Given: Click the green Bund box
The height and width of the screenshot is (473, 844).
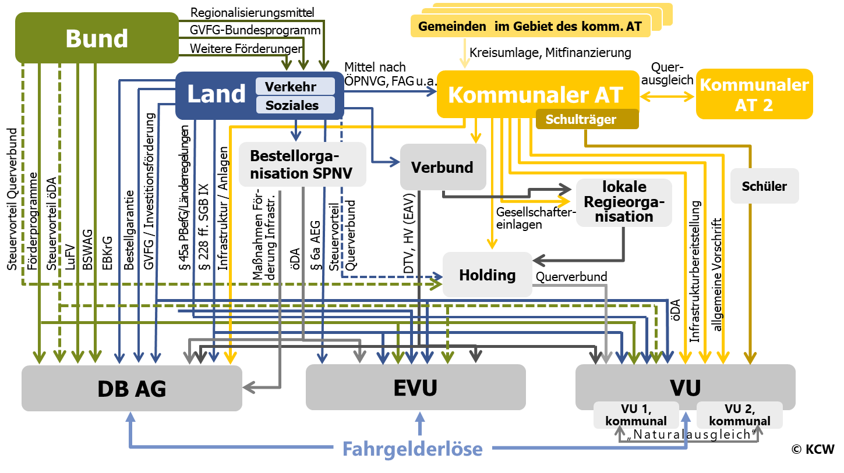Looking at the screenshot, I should [97, 38].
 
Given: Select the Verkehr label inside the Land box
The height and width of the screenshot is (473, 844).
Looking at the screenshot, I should [295, 87].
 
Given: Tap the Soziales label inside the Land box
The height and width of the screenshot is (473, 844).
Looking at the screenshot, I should [295, 105].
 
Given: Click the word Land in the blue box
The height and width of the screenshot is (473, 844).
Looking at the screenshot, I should [216, 94].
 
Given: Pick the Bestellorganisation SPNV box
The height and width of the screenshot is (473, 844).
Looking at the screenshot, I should [302, 165].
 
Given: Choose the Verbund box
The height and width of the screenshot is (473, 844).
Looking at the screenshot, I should [443, 167].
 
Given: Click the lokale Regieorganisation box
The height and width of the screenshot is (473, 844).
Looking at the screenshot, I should [624, 202].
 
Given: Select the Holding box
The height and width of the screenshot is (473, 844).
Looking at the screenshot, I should [488, 275].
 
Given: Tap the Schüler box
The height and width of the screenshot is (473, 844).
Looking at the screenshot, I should [764, 186].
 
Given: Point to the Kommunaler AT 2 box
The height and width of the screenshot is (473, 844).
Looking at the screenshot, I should [754, 94].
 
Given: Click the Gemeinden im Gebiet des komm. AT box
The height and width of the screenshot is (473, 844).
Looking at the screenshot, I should [530, 27].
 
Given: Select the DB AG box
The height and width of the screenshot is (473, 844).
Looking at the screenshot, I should [132, 388].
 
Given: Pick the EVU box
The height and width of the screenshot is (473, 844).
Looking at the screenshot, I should [415, 387].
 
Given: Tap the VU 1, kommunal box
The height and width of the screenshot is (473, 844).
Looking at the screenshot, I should [636, 415].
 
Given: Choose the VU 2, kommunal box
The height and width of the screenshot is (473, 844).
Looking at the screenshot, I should [739, 415].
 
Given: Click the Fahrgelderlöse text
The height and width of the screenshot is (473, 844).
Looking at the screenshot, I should [412, 449].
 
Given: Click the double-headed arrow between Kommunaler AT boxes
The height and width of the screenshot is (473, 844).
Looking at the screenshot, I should [668, 97].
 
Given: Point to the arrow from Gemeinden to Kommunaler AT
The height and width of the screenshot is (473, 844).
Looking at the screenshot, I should [464, 54].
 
